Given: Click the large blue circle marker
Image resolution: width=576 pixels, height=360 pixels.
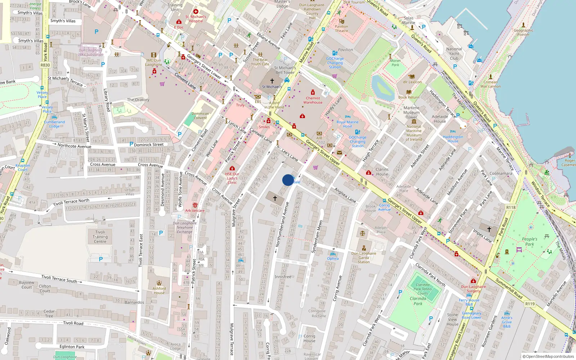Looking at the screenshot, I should pyautogui.click(x=288, y=180).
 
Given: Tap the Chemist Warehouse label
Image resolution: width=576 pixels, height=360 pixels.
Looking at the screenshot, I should pyautogui.click(x=313, y=100).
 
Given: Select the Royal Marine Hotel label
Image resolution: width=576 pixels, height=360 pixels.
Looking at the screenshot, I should pyautogui.click(x=347, y=124).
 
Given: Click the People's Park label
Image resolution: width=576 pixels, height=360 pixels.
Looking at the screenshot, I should pyautogui.click(x=530, y=242).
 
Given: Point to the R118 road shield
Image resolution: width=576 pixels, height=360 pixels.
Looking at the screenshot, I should pyautogui.click(x=510, y=207).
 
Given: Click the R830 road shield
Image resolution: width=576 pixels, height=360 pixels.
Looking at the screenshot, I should pyautogui.click(x=45, y=65).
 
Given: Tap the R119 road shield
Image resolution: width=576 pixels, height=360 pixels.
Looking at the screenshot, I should pyautogui.click(x=530, y=304).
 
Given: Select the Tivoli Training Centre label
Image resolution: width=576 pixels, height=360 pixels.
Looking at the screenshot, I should pyautogui.click(x=100, y=237).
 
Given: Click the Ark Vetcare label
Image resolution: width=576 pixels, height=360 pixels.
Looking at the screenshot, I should pyautogui.click(x=195, y=211).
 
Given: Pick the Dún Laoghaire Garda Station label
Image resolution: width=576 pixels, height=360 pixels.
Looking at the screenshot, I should pyautogui.click(x=364, y=257).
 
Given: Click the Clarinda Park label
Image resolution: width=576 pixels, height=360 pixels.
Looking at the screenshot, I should pyautogui.click(x=418, y=301).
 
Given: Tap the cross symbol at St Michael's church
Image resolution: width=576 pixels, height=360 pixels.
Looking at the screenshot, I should pyautogui.click(x=272, y=81).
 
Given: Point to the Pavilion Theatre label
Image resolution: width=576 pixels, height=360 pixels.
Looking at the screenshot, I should pyautogui.click(x=341, y=28).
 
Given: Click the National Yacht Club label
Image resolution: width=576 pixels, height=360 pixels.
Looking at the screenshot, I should pyautogui.click(x=454, y=54).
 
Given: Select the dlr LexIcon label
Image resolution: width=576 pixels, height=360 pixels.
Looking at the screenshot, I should pyautogui.click(x=412, y=82).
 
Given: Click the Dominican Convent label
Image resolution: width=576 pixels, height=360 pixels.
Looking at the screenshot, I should pyautogui.click(x=200, y=116).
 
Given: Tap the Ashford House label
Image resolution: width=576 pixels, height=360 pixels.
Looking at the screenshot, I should pyautogui.click(x=159, y=290).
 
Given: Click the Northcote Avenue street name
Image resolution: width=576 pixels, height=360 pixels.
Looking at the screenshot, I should pyautogui.click(x=75, y=146).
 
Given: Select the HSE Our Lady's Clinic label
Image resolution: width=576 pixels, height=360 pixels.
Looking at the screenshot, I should pyautogui.click(x=232, y=178).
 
